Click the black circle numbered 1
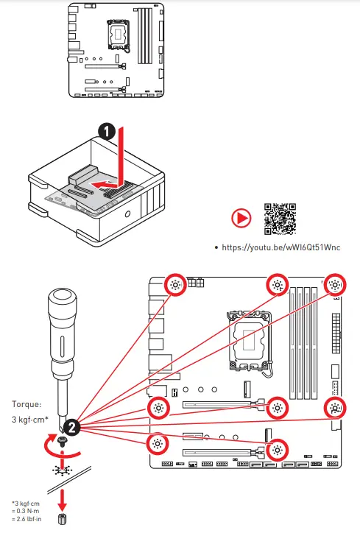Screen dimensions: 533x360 (x=107, y=133)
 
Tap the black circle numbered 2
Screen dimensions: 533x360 (x=72, y=426)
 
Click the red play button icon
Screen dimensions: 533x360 (x=241, y=219)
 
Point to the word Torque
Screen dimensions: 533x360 (x=28, y=404)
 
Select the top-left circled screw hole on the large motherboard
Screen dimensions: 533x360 (x=175, y=286)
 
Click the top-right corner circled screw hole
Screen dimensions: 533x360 (x=335, y=286)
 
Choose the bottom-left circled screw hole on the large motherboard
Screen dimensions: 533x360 (x=156, y=443)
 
